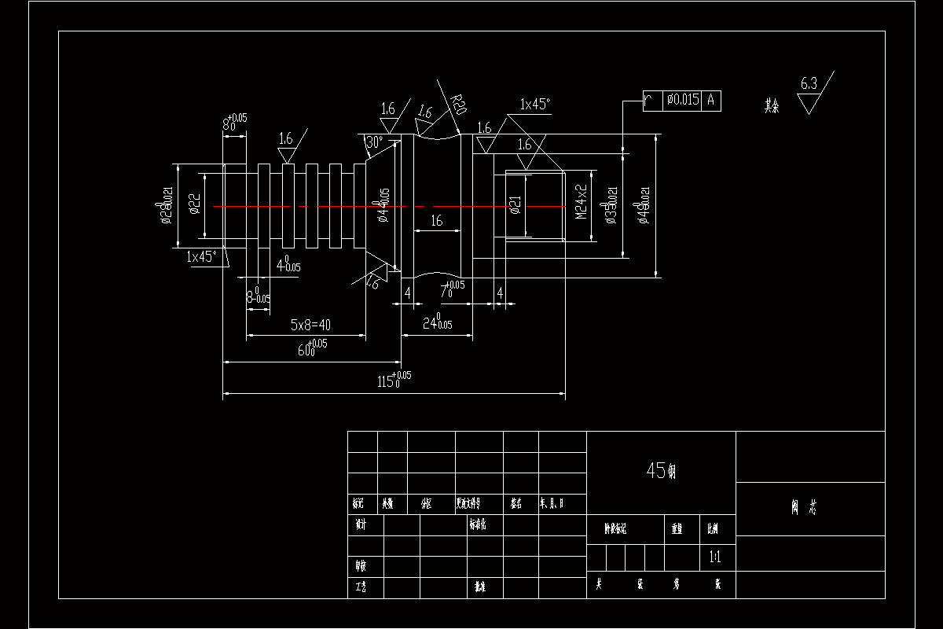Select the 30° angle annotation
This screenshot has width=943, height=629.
tap(374, 143)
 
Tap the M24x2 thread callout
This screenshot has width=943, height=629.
tap(581, 201)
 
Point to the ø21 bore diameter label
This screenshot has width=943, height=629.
tap(516, 206)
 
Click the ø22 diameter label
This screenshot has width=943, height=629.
tap(195, 205)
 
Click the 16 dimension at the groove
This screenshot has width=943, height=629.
tap(436, 222)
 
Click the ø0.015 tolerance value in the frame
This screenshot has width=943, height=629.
tap(682, 100)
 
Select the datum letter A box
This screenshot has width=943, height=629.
tap(711, 100)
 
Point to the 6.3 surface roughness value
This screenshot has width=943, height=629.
tap(808, 83)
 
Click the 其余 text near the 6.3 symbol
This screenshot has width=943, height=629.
tap(772, 105)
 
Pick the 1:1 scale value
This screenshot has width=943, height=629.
tap(715, 557)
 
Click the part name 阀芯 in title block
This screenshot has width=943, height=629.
tap(809, 508)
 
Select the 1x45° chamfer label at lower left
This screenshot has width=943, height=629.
tap(201, 256)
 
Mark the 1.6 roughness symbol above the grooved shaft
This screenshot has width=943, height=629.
tap(285, 138)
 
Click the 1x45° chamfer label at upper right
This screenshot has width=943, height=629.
tap(535, 104)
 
